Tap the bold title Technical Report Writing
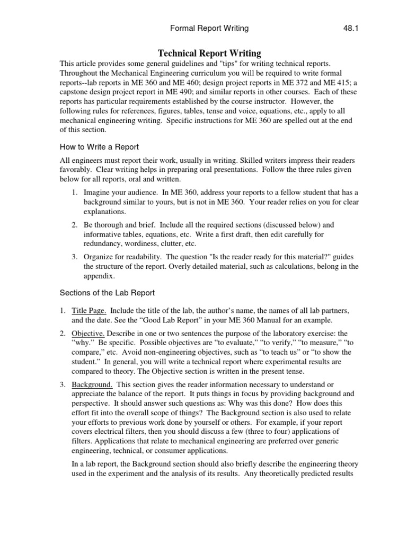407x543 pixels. click(x=210, y=53)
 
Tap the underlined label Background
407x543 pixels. click(x=92, y=383)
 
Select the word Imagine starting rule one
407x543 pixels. click(x=100, y=191)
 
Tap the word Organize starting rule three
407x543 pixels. click(x=101, y=257)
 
